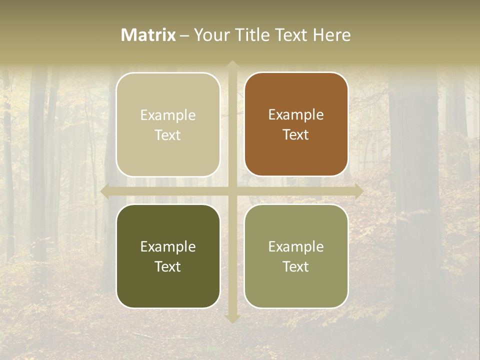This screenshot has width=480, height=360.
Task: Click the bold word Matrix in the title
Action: click(x=148, y=35)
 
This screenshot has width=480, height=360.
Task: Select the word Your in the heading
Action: click(x=211, y=35)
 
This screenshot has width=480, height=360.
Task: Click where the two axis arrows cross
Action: click(x=232, y=191)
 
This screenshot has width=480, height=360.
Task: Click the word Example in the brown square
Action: click(x=296, y=115)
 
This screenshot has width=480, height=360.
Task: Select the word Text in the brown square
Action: click(x=296, y=135)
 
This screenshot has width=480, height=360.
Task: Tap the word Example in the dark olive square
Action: click(x=168, y=246)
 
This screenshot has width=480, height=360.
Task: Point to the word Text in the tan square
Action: click(x=168, y=135)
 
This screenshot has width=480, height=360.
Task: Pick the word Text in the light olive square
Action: click(x=296, y=266)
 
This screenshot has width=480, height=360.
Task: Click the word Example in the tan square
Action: click(x=168, y=115)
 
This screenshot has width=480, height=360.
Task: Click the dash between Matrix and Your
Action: click(x=184, y=35)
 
